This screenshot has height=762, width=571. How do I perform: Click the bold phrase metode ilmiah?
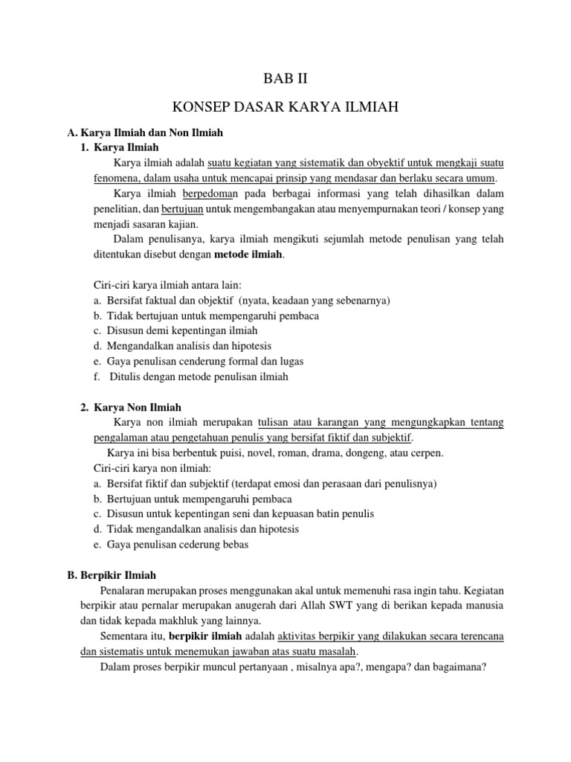point(249,255)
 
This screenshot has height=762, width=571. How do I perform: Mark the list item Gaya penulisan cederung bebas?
point(178,544)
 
